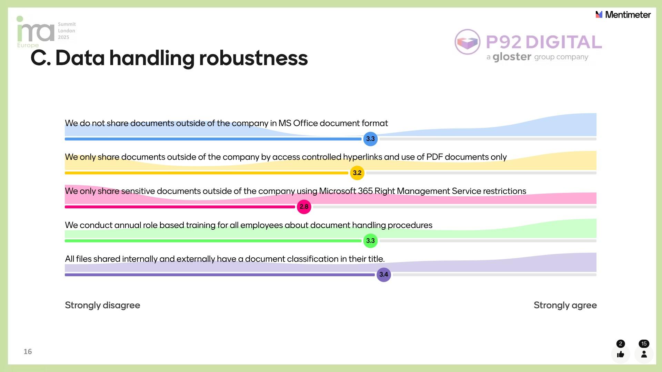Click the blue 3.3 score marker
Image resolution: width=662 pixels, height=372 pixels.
click(370, 139)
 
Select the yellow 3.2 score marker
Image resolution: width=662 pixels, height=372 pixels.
click(357, 173)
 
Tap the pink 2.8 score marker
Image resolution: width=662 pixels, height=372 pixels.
click(304, 207)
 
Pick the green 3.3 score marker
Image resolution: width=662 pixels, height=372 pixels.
click(370, 240)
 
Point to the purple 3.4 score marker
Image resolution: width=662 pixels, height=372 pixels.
click(383, 275)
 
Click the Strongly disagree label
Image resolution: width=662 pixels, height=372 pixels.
click(102, 305)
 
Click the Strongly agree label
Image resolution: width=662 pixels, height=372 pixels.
click(565, 305)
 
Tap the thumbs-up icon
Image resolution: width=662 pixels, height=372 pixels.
click(621, 354)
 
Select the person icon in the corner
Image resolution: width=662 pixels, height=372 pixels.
click(644, 354)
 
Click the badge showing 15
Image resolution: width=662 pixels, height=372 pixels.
click(644, 344)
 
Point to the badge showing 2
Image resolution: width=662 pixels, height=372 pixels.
click(621, 344)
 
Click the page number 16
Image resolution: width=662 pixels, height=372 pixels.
click(28, 352)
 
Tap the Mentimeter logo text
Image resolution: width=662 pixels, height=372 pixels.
click(628, 15)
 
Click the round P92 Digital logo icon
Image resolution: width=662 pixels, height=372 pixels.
click(467, 42)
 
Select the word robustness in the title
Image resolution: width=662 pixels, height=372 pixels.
click(253, 58)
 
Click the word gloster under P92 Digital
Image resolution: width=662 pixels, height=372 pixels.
click(512, 57)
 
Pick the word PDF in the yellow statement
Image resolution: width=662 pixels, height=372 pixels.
click(434, 157)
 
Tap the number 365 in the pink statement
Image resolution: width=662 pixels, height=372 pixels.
click(365, 191)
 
